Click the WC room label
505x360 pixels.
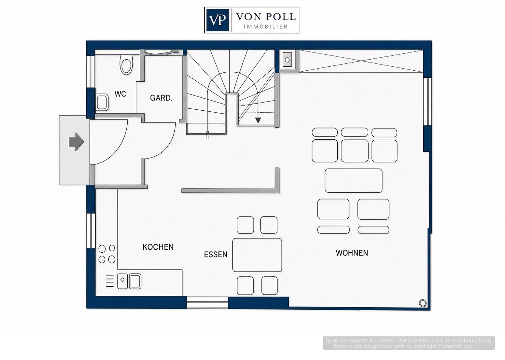[x=120, y=94]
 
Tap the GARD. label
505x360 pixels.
[x=161, y=98]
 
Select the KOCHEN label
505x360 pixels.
[x=158, y=247]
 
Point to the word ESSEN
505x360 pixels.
[x=215, y=255]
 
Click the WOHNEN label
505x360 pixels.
[x=352, y=253]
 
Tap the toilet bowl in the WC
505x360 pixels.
[x=126, y=65]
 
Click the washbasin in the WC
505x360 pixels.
[x=102, y=103]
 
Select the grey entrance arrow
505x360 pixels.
[x=76, y=142]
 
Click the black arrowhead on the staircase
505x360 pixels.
[x=258, y=120]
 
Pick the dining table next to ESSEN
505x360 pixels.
[x=257, y=255]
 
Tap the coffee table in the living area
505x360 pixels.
[x=353, y=181]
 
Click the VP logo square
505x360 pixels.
[x=217, y=20]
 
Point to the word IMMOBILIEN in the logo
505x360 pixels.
[x=266, y=27]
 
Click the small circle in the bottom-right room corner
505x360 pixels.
[x=423, y=303]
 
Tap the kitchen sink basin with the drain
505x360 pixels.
[x=123, y=281]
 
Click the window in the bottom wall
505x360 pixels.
[x=207, y=302]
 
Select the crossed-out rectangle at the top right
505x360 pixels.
[x=361, y=61]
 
